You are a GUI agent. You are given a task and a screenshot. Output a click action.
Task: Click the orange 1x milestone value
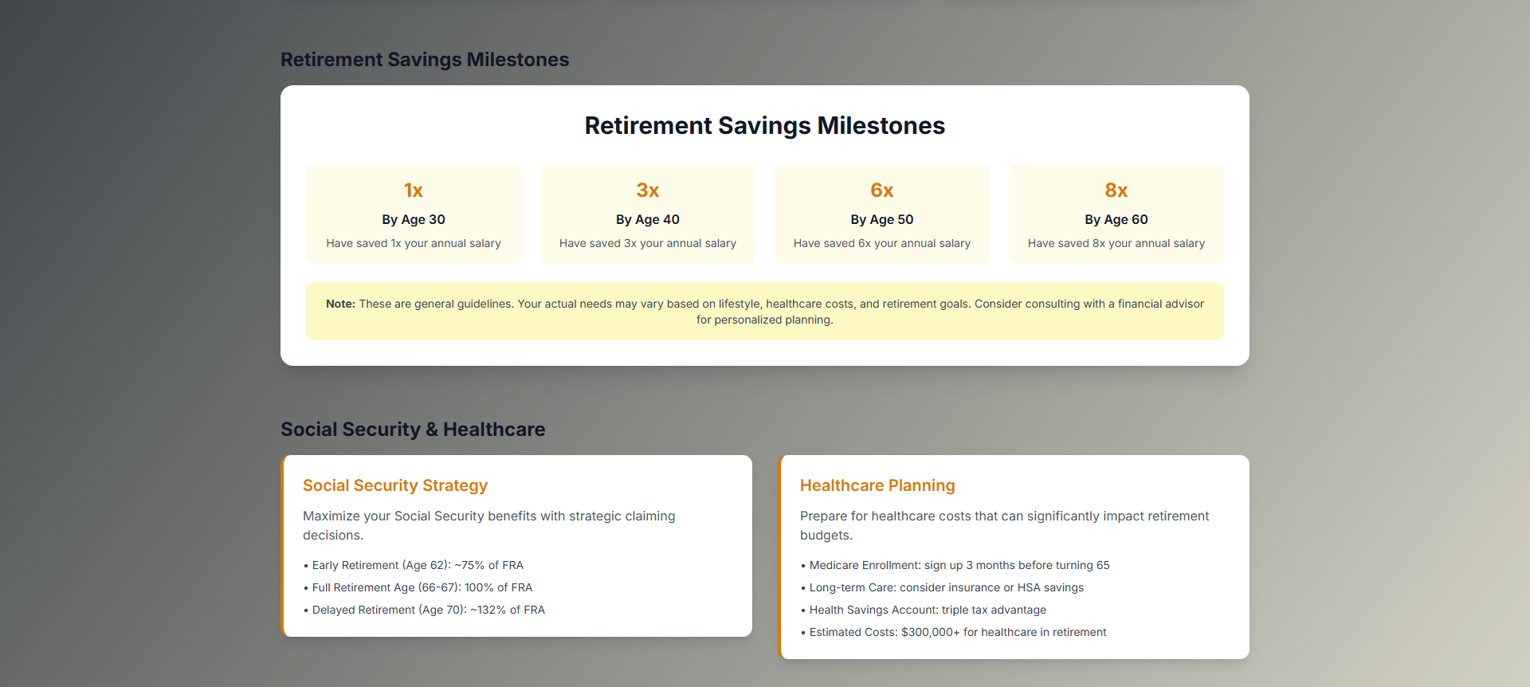[x=414, y=190]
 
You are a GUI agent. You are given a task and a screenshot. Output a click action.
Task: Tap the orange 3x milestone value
[x=648, y=190]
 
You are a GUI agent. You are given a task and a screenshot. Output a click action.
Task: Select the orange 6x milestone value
[x=882, y=190]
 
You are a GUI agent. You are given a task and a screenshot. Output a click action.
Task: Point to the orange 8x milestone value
[x=1116, y=190]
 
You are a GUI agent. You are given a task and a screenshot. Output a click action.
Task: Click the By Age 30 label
[x=414, y=219]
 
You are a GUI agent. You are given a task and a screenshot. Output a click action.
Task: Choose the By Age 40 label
[x=648, y=219]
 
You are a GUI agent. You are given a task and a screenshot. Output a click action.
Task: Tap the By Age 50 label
[x=882, y=219]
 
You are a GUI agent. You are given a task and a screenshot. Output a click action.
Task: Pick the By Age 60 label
[x=1116, y=219]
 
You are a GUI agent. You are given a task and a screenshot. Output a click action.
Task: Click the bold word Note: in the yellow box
[x=340, y=304]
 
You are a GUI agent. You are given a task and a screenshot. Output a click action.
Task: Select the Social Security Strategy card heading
[x=395, y=485]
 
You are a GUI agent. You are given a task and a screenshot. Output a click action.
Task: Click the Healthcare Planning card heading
[x=877, y=485]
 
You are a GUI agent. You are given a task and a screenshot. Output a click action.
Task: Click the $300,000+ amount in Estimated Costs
[x=931, y=632]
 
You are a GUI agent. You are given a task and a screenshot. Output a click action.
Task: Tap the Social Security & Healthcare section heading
[x=413, y=430]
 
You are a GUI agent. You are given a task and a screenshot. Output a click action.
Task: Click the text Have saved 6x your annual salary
[x=882, y=243]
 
